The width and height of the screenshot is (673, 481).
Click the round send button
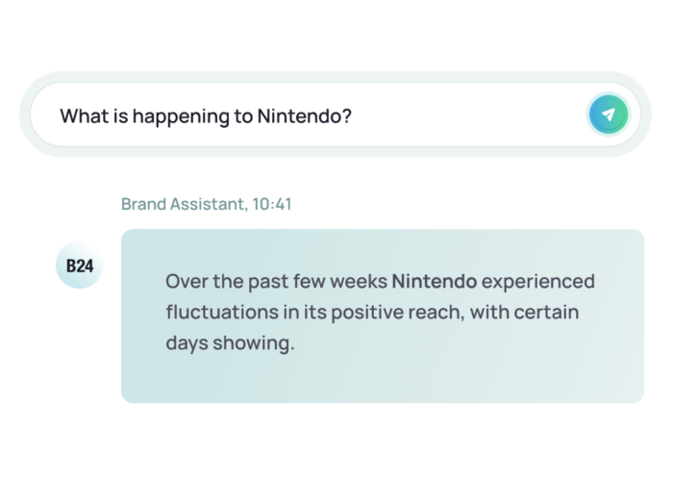(x=609, y=114)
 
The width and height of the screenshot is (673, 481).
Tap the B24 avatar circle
(x=80, y=265)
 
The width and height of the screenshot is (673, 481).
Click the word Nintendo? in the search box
(x=305, y=116)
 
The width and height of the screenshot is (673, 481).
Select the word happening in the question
(x=181, y=116)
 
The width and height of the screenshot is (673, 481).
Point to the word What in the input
(x=85, y=116)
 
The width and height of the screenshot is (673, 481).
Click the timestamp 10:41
(x=272, y=204)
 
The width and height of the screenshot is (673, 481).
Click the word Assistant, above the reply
(x=210, y=204)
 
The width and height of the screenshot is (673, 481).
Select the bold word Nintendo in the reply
(x=435, y=281)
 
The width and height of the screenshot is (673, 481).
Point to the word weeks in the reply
(x=359, y=281)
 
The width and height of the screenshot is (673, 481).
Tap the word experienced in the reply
(x=538, y=282)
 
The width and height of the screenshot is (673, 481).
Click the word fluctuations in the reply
(x=222, y=312)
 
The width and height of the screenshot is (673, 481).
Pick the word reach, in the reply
(x=436, y=313)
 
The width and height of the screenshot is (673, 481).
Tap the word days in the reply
(x=187, y=343)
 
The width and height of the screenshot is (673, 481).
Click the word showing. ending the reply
(x=254, y=343)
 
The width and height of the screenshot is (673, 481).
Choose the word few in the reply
(x=309, y=281)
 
